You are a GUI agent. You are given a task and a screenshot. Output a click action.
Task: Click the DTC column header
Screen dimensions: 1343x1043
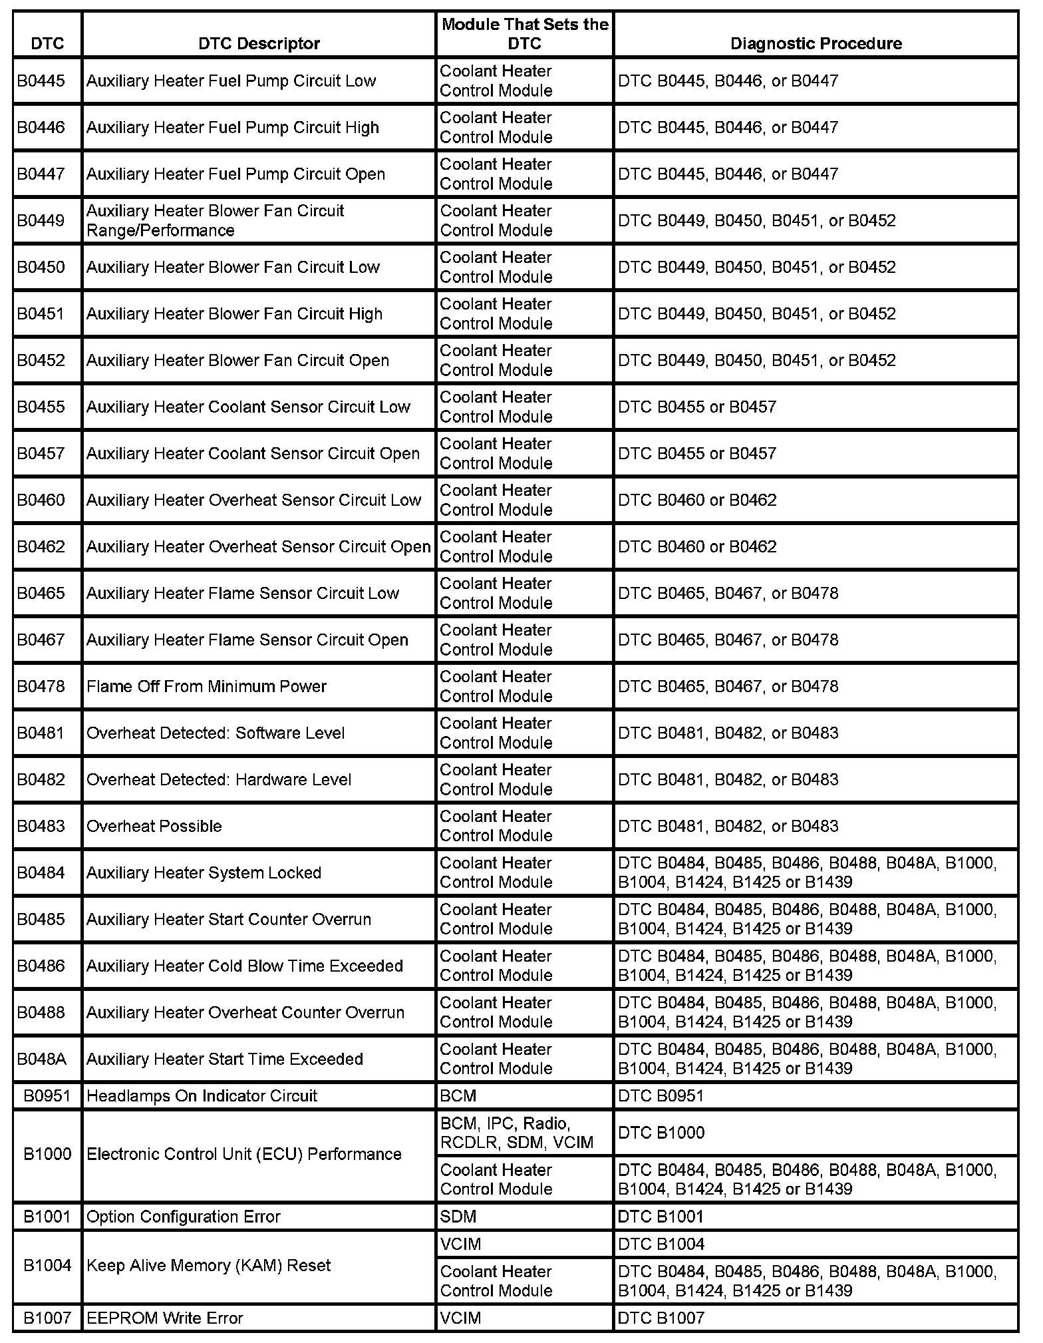[x=47, y=43]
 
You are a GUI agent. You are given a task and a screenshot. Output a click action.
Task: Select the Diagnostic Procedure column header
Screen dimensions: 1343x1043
[x=816, y=43]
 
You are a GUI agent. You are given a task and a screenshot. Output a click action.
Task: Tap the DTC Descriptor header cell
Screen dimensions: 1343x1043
[x=259, y=43]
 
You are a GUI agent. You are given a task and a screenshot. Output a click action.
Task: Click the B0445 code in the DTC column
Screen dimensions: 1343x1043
[x=41, y=81]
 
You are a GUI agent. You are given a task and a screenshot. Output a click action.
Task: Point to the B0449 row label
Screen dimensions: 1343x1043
[x=41, y=220]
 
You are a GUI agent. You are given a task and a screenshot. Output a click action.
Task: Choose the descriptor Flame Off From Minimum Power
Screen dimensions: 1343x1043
[x=206, y=686]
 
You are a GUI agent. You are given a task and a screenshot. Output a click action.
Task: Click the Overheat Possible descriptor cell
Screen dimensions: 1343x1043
[x=154, y=826]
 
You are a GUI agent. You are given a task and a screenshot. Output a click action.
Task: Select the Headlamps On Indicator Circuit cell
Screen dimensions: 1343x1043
[x=202, y=1095]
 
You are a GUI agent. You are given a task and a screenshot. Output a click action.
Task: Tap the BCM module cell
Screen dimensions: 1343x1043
[x=458, y=1095]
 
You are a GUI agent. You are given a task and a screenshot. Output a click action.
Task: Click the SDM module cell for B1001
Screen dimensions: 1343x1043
[x=458, y=1217]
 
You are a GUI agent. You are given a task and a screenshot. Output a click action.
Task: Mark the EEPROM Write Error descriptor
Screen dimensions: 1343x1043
[x=165, y=1318]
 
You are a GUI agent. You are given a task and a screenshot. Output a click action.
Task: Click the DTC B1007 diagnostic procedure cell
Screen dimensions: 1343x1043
[x=661, y=1318]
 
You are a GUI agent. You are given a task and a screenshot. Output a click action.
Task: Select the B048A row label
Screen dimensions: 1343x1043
[x=42, y=1059]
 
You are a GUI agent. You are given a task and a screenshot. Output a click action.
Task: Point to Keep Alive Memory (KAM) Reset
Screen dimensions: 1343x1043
[x=209, y=1265]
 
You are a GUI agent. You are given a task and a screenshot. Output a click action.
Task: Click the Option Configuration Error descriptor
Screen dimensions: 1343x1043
[x=184, y=1217]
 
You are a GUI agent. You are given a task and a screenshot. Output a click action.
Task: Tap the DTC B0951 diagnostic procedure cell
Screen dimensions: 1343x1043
[x=661, y=1095]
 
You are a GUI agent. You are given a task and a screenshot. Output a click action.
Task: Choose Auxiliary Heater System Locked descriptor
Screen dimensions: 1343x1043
[x=204, y=872]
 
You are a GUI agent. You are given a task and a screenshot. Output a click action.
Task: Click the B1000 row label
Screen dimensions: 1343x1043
[x=47, y=1153]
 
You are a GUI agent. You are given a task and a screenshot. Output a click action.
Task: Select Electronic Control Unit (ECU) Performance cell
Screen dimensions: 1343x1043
[x=244, y=1153]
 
